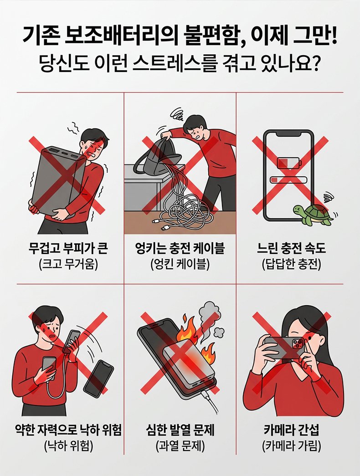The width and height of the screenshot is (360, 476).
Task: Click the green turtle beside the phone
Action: pos(312,215)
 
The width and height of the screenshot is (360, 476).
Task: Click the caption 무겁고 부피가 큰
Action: pos(68,249)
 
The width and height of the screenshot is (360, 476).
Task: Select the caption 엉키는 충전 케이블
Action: pos(180,249)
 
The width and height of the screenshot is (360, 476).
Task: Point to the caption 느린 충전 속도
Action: pos(291,249)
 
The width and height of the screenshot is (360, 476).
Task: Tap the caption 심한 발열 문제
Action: pos(180,430)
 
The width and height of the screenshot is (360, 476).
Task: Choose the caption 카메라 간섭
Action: pos(291,430)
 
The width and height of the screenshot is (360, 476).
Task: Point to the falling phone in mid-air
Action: pos(98,378)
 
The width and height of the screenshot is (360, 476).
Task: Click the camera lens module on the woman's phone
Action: pos(298,343)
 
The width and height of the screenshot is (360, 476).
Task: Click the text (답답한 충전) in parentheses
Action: pos(291,265)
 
